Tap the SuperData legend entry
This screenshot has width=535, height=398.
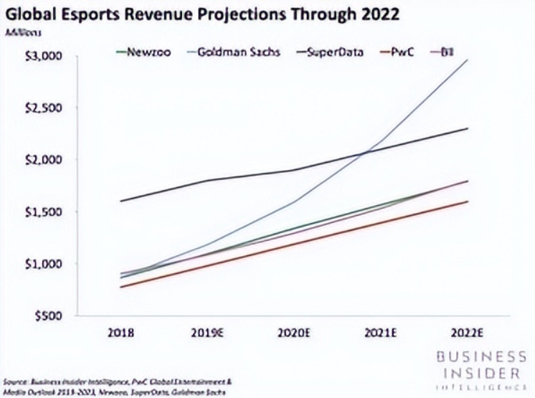[x=333, y=52]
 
